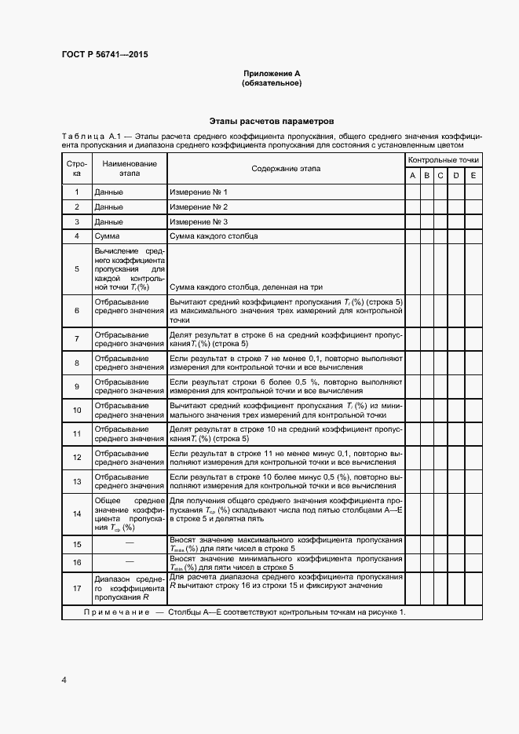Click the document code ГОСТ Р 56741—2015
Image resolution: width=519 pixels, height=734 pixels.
click(104, 55)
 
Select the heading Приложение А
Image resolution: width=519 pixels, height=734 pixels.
click(272, 74)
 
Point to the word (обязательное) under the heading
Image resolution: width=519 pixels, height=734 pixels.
click(272, 83)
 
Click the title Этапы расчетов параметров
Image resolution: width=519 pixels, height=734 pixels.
click(272, 122)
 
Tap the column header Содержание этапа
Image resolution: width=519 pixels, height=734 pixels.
click(286, 169)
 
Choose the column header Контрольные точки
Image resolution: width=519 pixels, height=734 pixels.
click(443, 160)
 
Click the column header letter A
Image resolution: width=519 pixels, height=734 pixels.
click(413, 176)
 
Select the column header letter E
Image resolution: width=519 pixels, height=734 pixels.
click(473, 176)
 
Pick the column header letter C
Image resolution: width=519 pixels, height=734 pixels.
click(440, 176)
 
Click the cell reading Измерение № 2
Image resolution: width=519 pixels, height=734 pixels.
click(199, 206)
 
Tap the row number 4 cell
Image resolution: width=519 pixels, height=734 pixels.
click(77, 236)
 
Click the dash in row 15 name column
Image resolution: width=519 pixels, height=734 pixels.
click(130, 543)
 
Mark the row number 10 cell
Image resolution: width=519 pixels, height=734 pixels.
click(77, 410)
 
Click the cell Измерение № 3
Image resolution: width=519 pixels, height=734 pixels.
click(199, 221)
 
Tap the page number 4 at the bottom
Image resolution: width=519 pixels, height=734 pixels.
click(64, 679)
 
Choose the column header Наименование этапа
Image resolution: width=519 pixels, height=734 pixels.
click(130, 169)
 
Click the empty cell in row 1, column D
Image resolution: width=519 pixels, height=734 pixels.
click(455, 192)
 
